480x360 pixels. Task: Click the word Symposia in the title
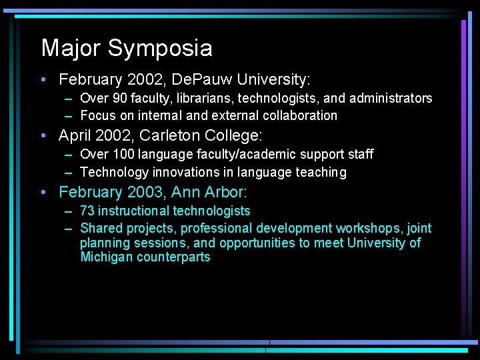click(x=160, y=49)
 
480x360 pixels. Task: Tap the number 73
click(x=87, y=211)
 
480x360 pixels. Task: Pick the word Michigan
click(x=107, y=257)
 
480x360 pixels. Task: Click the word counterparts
click(x=173, y=257)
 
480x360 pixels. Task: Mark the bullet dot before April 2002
click(x=43, y=137)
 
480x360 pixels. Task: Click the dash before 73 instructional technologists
click(x=69, y=211)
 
